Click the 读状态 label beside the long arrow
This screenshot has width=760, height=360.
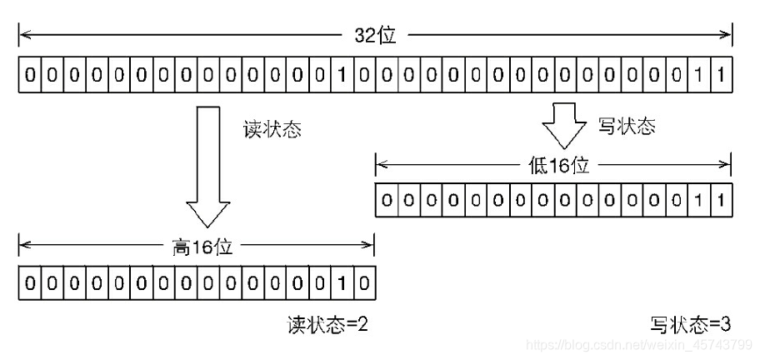pyautogui.click(x=272, y=130)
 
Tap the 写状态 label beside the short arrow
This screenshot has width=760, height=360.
pyautogui.click(x=627, y=127)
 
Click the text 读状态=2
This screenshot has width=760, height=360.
pyautogui.click(x=327, y=325)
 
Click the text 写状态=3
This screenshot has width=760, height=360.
pyautogui.click(x=692, y=325)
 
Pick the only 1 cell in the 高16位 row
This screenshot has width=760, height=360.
pyautogui.click(x=342, y=283)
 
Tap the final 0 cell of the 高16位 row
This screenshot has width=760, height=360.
pyautogui.click(x=365, y=283)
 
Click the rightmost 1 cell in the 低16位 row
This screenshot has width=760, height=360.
pyautogui.click(x=722, y=200)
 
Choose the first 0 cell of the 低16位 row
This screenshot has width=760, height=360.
pyautogui.click(x=387, y=200)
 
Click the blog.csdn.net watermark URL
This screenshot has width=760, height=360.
pyautogui.click(x=642, y=344)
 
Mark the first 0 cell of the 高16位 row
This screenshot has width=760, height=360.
pyautogui.click(x=30, y=283)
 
